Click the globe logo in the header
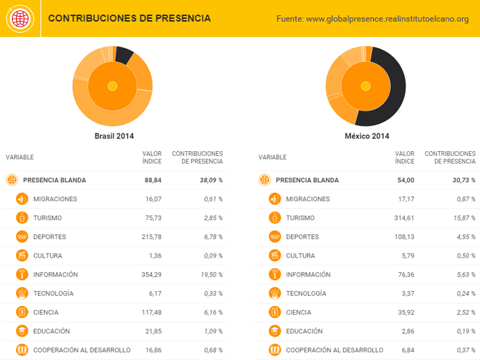20,19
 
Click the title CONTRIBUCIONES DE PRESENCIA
129,18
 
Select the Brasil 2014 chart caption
114,136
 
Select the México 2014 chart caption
366,136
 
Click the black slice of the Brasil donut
124,55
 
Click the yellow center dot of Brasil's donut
112,86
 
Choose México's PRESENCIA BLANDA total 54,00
405,180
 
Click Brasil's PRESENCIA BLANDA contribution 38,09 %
208,180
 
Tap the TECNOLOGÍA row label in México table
306,294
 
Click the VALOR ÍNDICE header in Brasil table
152,157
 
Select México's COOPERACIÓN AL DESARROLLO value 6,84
405,350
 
